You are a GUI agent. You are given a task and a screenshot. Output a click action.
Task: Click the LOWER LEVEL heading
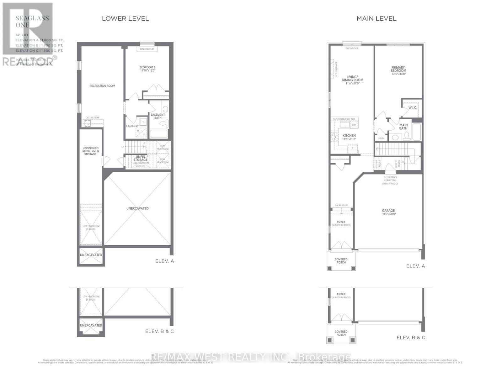125,18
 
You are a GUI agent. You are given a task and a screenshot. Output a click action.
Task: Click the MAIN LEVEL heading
376,18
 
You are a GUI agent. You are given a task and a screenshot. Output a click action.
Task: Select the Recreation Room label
102,86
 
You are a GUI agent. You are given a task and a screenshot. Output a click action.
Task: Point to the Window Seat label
147,49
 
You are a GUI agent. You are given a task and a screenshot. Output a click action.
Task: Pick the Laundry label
132,126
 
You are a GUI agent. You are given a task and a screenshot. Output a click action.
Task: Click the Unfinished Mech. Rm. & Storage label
90,151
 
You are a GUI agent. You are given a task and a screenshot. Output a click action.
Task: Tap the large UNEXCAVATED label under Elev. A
137,208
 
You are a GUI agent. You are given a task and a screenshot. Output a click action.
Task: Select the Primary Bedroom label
398,69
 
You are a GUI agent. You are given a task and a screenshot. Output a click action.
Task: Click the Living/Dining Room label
352,78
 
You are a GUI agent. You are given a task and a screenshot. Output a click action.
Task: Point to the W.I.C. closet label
413,108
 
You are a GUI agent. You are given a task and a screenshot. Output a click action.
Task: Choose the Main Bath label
403,127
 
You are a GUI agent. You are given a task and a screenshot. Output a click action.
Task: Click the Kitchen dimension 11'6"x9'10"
349,139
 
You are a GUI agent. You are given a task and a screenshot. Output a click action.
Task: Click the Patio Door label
352,48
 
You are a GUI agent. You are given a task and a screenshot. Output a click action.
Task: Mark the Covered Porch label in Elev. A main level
341,261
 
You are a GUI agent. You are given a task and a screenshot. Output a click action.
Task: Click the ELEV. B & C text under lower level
159,331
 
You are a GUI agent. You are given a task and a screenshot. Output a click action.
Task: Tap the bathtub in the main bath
417,132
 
